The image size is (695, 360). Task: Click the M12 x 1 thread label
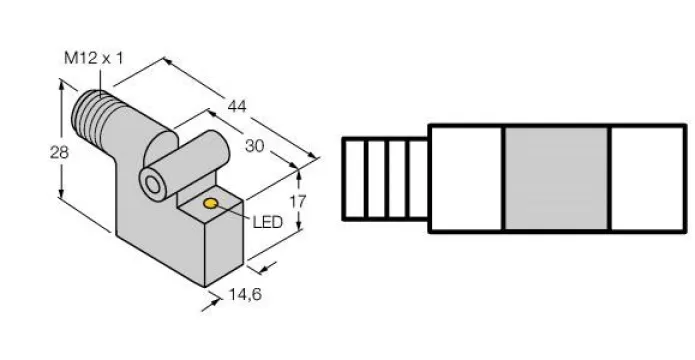pyautogui.click(x=94, y=58)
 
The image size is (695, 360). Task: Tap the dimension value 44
pyautogui.click(x=237, y=106)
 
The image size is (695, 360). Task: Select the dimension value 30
pyautogui.click(x=254, y=146)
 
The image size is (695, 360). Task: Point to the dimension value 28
pyautogui.click(x=59, y=153)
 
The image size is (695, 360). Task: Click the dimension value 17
pyautogui.click(x=297, y=202)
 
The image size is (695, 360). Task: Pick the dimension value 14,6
pyautogui.click(x=245, y=294)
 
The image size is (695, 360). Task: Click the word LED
pyautogui.click(x=267, y=222)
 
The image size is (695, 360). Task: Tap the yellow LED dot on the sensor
pyautogui.click(x=211, y=203)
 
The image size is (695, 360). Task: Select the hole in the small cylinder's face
pyautogui.click(x=153, y=185)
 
